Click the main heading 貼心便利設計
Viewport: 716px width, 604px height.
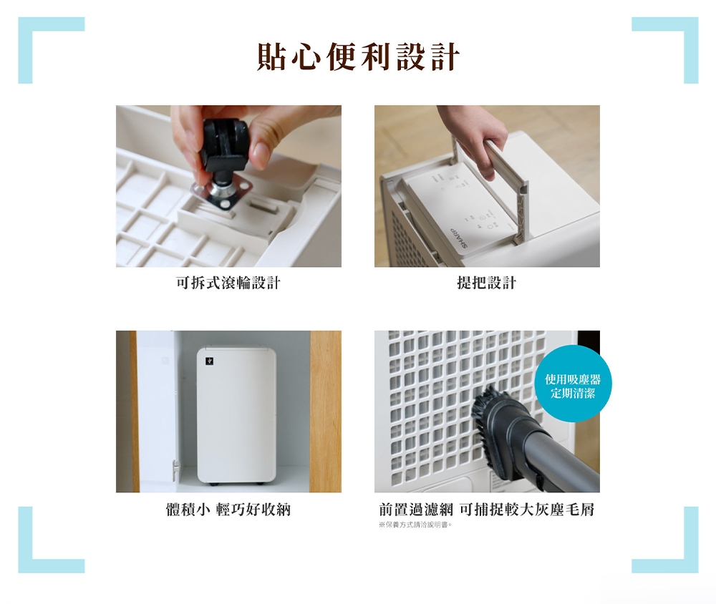[358, 57]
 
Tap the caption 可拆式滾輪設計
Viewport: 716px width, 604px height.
[228, 283]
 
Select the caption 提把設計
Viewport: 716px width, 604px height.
[487, 283]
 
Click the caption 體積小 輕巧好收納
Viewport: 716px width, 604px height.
[228, 510]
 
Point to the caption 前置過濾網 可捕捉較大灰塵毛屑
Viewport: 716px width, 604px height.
[487, 510]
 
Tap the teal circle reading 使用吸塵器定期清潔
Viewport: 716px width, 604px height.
[573, 384]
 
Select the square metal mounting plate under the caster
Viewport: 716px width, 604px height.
[222, 193]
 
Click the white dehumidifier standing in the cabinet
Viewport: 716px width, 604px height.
[236, 415]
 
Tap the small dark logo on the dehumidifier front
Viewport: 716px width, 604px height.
[210, 361]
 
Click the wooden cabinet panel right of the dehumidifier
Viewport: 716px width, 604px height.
[326, 411]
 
